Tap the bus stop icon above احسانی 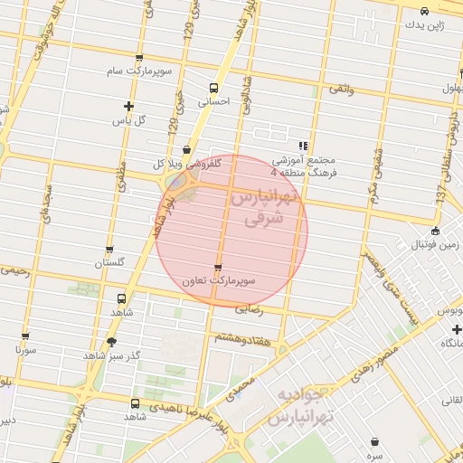click(213, 88)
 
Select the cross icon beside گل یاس click(128, 107)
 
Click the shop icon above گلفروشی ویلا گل click(186, 150)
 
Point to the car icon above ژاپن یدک click(424, 11)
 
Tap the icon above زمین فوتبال click(436, 230)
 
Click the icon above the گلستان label click(109, 250)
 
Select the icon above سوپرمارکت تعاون click(217, 267)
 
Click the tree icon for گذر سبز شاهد click(112, 341)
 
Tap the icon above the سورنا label click(24, 334)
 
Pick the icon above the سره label click(375, 441)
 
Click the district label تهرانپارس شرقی click(264, 209)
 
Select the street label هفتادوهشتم click(241, 336)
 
